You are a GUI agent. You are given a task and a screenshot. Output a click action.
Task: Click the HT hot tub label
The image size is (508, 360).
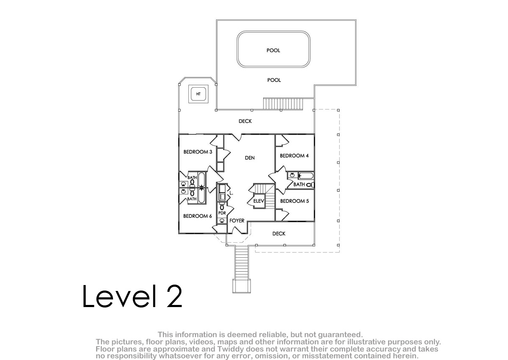(x=198, y=94)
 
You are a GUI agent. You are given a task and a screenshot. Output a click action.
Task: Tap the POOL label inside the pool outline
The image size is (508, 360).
(x=273, y=50)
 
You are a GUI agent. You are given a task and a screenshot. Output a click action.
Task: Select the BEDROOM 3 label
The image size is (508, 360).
(x=198, y=152)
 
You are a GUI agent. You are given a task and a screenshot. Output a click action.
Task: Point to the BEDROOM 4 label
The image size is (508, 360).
(x=294, y=155)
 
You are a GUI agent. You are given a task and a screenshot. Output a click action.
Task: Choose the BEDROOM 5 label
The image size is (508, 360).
(x=294, y=201)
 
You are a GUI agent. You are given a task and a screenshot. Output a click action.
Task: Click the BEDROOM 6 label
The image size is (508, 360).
(x=198, y=216)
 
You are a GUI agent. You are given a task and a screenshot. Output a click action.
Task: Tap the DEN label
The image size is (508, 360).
(x=250, y=158)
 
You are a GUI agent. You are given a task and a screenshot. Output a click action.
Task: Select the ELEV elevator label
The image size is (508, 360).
(x=259, y=201)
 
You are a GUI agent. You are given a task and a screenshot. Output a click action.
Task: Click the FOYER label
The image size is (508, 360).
(x=237, y=221)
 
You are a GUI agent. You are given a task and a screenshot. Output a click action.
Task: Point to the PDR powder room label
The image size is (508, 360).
(x=222, y=213)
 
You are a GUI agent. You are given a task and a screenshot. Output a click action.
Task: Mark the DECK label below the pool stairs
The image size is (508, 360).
(x=245, y=121)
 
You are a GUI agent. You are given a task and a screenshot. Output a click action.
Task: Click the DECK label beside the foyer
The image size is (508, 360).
(x=279, y=234)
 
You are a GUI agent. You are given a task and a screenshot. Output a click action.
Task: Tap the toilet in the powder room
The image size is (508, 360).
(x=222, y=206)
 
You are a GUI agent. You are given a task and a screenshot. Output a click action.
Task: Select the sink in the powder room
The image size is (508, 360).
(x=222, y=221)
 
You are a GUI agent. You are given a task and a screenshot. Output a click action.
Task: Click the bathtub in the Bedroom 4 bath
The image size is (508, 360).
(x=306, y=176)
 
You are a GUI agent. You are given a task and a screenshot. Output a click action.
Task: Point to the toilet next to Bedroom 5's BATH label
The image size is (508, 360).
(x=310, y=185)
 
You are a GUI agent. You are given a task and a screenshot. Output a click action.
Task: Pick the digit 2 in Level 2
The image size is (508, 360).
(x=174, y=296)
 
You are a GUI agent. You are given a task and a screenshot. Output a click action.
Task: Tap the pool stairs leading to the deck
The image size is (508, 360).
(x=283, y=104)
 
